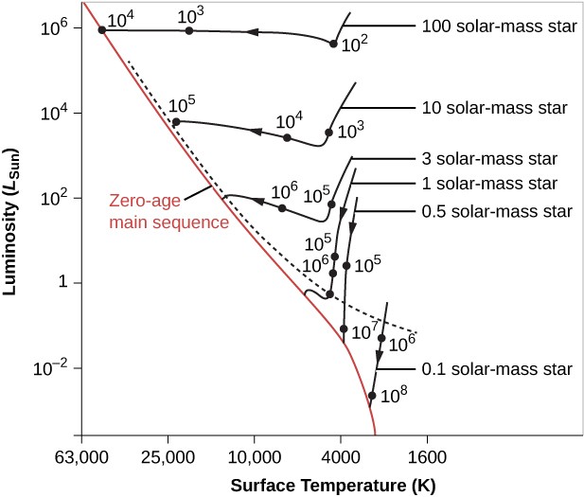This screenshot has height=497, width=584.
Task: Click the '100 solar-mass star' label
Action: (499, 26)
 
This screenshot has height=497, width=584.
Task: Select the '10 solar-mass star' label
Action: (494, 108)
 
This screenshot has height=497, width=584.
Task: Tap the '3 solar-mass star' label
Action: (489, 158)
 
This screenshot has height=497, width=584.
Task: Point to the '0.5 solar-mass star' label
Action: (496, 209)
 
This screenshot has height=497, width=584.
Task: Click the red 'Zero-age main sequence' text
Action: (168, 212)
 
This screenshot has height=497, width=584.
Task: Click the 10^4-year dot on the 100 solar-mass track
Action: (102, 30)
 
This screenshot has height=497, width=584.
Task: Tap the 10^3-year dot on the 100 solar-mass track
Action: (189, 30)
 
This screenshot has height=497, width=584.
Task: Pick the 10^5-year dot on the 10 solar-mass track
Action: (175, 122)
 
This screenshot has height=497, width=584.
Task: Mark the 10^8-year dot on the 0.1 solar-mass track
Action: (372, 396)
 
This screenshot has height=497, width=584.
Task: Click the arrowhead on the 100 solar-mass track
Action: (254, 32)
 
